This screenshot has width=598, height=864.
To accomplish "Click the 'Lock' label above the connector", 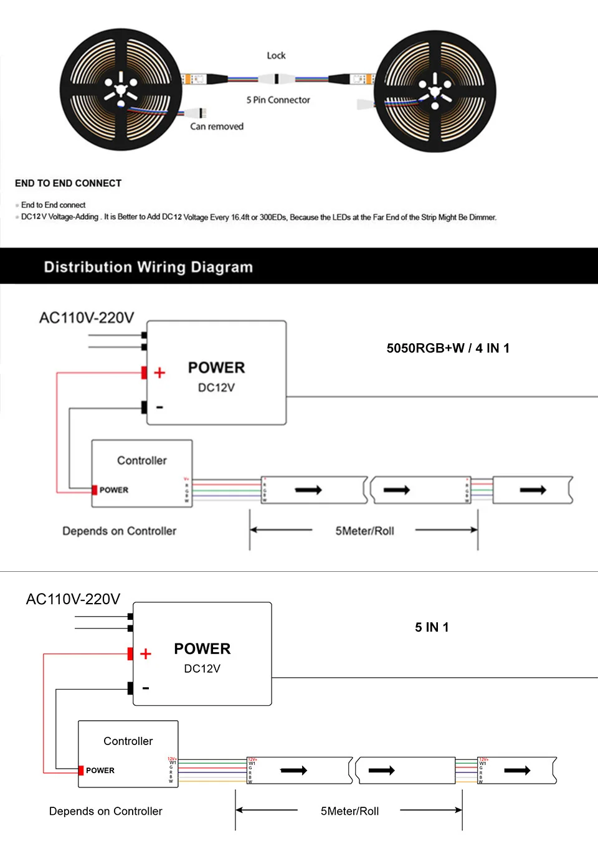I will (x=276, y=55).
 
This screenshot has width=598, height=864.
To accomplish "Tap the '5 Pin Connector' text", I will (x=278, y=100).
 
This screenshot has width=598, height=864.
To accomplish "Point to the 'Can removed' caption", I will (x=217, y=126).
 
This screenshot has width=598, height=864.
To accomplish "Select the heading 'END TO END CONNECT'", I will (x=68, y=183).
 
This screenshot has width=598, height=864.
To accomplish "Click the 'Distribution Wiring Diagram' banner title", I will (x=148, y=267).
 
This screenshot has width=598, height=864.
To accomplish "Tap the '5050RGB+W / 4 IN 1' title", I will (x=448, y=348).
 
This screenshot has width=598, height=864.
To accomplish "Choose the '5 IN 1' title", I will (x=432, y=627).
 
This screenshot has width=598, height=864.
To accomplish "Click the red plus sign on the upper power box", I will (x=159, y=373).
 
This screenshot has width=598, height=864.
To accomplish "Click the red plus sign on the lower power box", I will (x=146, y=653).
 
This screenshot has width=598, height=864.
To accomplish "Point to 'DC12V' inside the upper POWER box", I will (x=216, y=387).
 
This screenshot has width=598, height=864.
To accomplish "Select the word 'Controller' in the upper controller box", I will (x=142, y=460).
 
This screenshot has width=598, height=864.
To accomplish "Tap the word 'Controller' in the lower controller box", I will (x=128, y=741).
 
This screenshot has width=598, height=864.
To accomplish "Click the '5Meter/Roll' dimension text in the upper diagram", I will (x=364, y=531).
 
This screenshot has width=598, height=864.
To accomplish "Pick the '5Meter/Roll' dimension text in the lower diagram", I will (x=349, y=811).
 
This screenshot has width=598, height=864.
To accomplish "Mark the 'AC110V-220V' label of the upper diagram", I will (x=87, y=318).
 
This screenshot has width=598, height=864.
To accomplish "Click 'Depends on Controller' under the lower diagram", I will (x=105, y=811).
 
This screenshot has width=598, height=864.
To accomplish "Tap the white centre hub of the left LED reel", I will (x=118, y=88).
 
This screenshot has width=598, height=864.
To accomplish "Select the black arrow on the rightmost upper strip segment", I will (x=533, y=490).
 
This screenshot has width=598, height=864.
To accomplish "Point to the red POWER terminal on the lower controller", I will (x=81, y=771).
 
